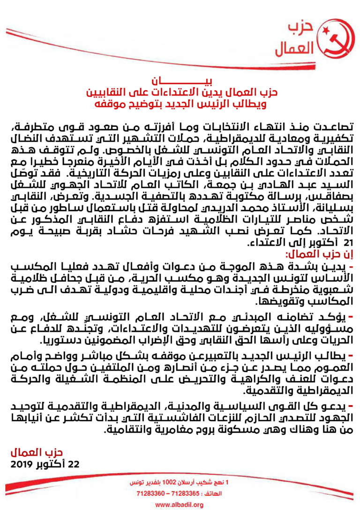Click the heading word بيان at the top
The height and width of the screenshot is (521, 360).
tap(180, 81)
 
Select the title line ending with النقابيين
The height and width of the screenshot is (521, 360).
tap(180, 92)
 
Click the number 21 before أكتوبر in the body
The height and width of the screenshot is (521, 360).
tap(347, 243)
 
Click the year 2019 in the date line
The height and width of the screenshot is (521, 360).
tap(21, 465)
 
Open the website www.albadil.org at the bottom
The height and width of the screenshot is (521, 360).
tap(180, 505)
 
